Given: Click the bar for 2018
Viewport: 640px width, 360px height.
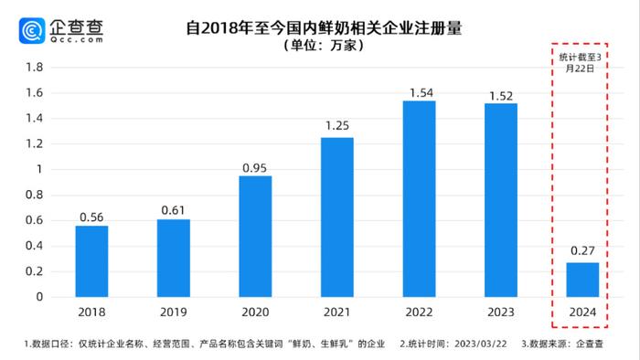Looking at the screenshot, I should click(x=91, y=261).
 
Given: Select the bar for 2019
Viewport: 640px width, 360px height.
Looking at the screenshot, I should click(x=173, y=258).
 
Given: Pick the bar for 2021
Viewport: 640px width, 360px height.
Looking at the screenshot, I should click(x=336, y=217).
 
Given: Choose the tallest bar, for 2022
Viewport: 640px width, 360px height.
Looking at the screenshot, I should click(x=419, y=198).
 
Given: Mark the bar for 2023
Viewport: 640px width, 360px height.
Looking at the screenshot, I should click(x=500, y=199).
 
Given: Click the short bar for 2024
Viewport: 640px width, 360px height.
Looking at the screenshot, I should click(x=582, y=280).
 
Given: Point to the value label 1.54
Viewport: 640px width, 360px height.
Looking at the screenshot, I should click(x=419, y=93).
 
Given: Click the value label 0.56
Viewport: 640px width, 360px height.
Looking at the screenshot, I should click(x=91, y=218).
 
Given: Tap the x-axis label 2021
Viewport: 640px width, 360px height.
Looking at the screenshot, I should click(x=336, y=312).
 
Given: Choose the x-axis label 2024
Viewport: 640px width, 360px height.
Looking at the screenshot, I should click(x=582, y=312).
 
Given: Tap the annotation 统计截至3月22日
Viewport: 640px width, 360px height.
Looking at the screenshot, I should click(x=582, y=62).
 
